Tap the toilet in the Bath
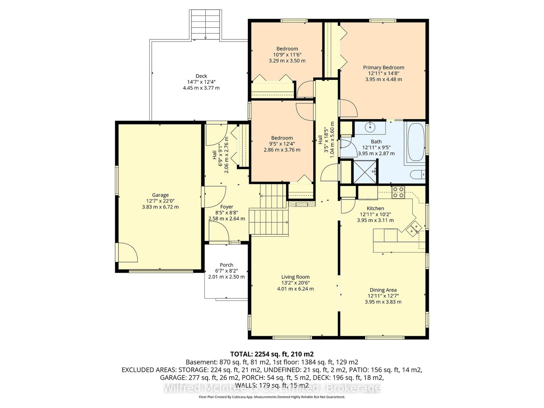[x=418, y=175]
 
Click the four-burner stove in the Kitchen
[x=398, y=192]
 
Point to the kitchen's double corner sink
[x=414, y=229]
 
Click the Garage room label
[x=160, y=195]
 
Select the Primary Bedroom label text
[x=384, y=67]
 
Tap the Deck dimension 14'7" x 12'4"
[x=201, y=82]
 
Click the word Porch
[x=226, y=265]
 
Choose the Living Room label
[x=295, y=277]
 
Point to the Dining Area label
[x=383, y=290]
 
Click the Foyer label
[x=226, y=207]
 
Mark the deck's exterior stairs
[x=205, y=24]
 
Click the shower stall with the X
[x=365, y=172]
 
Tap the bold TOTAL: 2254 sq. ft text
[x=272, y=354]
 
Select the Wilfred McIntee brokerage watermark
[x=272, y=388]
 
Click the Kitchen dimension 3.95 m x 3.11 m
[x=375, y=220]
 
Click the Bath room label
[x=376, y=142]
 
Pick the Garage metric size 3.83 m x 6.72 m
[x=160, y=207]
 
